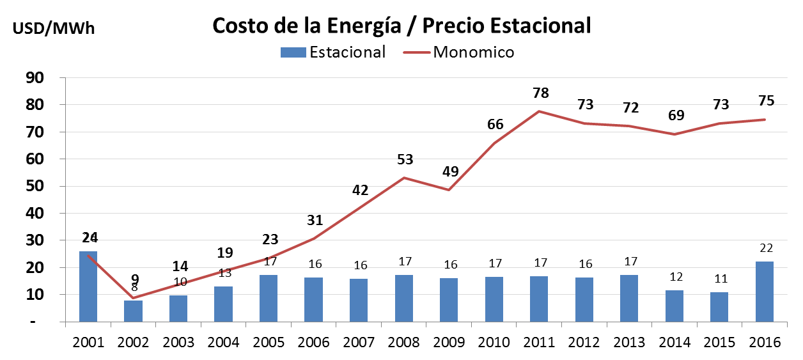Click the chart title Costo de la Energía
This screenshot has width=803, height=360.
click(402, 26)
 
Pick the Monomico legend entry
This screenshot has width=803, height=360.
click(459, 52)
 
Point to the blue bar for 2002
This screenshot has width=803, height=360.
click(133, 311)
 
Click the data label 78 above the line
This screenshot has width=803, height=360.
click(541, 93)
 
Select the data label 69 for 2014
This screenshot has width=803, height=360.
click(676, 116)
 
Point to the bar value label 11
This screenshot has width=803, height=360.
click(720, 278)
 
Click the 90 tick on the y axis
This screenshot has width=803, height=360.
click(33, 78)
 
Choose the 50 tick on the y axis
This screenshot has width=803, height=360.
click(33, 187)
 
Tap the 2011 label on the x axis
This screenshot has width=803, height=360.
click(540, 342)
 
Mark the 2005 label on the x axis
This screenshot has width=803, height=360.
click(269, 342)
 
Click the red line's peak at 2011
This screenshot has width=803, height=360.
click(540, 111)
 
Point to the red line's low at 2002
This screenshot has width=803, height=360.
click(134, 297)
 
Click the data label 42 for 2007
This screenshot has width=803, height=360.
click(360, 190)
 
